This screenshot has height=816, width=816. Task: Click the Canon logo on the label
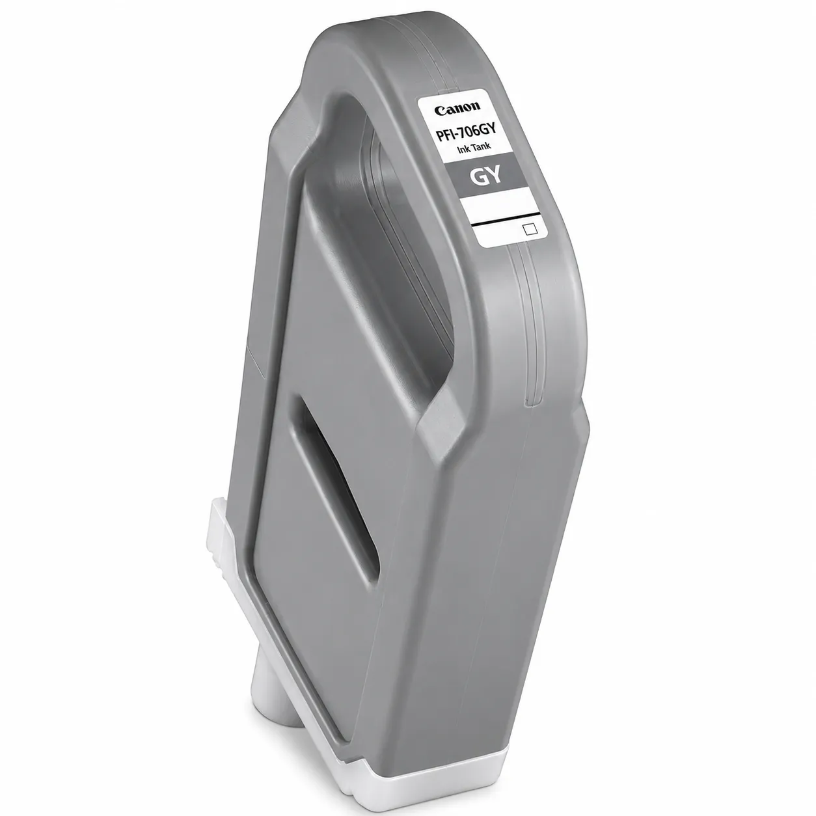[457, 109]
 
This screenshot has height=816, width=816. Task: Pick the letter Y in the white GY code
[495, 174]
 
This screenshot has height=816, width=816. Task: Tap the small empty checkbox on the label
[530, 228]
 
